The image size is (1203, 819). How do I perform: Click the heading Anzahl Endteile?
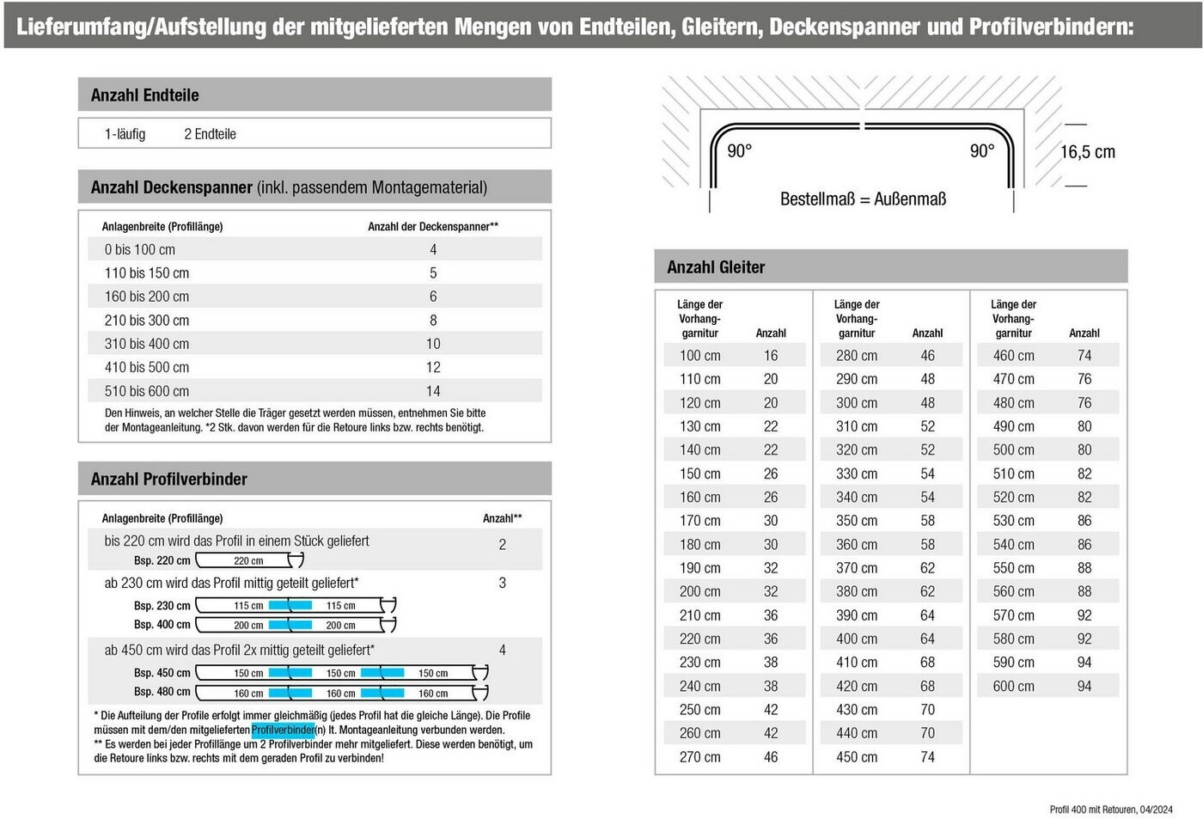pos(144,95)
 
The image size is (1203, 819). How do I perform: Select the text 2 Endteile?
pos(210,134)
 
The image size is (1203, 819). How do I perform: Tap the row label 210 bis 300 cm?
pos(147,321)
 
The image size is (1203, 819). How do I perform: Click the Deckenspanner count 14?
pos(433,391)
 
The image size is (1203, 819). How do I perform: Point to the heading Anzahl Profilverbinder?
pos(169,480)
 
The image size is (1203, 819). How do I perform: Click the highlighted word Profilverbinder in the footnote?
pos(283,730)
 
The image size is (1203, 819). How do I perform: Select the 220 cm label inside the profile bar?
pos(248,561)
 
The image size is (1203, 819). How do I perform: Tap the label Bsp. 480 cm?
pos(162,692)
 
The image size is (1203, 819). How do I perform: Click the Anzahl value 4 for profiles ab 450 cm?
pos(503,651)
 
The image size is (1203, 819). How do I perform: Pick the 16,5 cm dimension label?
pos(1087,152)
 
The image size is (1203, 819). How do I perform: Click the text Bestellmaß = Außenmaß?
pos(863,199)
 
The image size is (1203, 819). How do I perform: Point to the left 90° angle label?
pos(739,151)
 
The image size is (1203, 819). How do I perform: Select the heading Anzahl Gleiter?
pos(716,267)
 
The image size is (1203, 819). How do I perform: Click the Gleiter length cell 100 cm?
pos(700,356)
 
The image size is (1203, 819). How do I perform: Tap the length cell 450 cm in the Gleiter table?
pos(857,757)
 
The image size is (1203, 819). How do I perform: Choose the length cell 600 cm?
pos(1013,687)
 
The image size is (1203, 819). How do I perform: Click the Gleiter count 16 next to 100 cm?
pos(771,356)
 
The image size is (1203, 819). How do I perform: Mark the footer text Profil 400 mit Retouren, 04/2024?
pos(1110,810)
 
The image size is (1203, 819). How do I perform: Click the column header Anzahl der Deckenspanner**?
pos(433,227)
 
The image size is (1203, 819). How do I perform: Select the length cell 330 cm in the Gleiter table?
pos(857,474)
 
